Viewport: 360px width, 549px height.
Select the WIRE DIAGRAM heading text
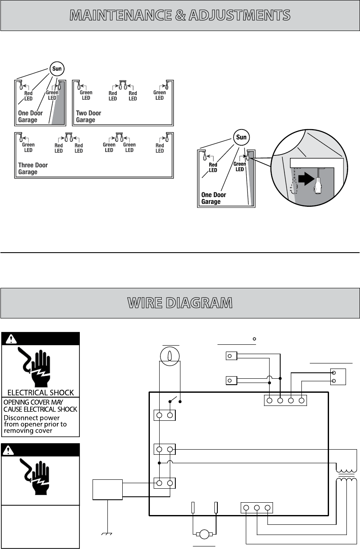coord(180,303)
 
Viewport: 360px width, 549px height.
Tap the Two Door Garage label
coord(88,117)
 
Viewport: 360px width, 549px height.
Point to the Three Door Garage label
coord(33,169)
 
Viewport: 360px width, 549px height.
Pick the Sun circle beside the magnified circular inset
coord(241,137)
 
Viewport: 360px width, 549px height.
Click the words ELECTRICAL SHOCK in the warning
coord(41,393)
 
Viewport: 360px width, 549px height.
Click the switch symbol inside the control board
coord(174,400)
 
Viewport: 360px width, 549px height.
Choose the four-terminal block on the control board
coord(285,400)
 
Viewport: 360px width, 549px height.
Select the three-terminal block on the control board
coord(257,508)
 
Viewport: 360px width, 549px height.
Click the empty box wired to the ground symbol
coord(107,490)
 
